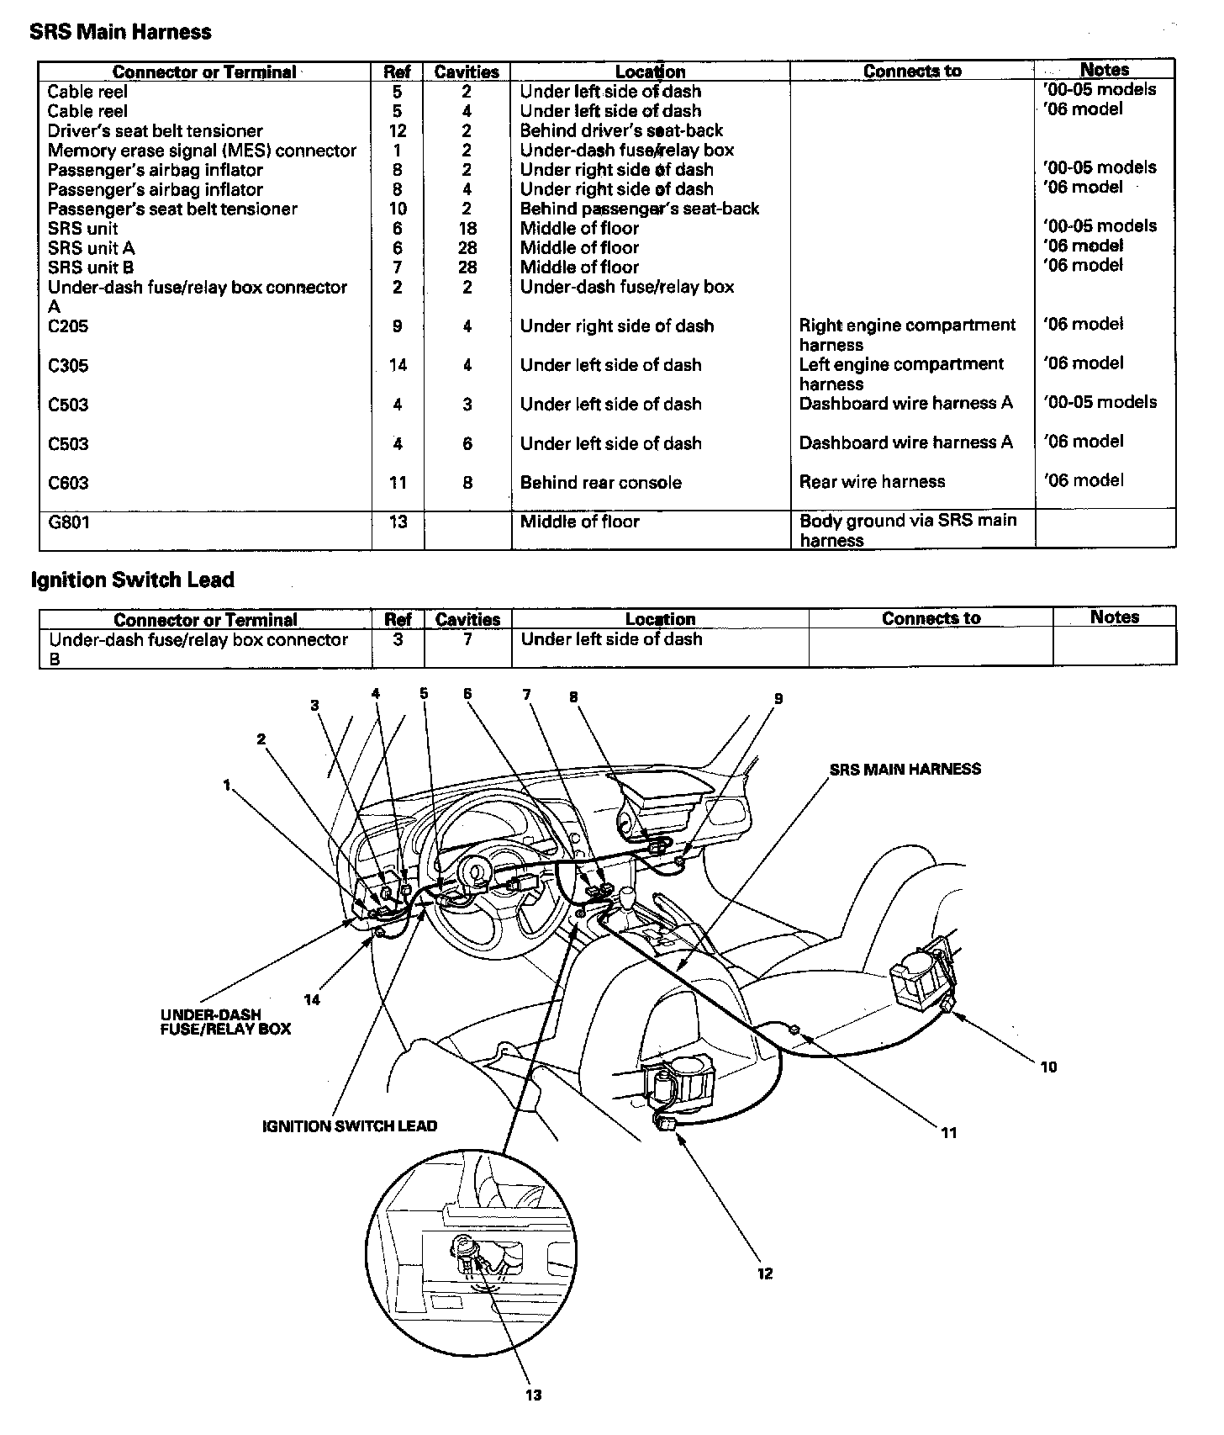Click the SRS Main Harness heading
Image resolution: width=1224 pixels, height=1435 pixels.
tap(120, 32)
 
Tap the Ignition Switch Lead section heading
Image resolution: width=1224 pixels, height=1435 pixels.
tap(132, 580)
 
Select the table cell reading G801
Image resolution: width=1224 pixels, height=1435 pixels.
tap(69, 522)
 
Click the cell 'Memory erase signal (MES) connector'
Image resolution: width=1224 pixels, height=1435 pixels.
tap(202, 151)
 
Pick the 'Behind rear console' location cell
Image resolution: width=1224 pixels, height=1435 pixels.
tap(600, 483)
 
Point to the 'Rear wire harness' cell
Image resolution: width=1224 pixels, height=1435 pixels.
tap(872, 482)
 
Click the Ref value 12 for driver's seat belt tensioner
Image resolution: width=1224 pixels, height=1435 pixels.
tap(398, 131)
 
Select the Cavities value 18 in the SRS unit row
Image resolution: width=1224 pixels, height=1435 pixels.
tap(467, 229)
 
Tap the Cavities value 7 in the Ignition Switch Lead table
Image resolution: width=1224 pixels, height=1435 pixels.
tap(467, 640)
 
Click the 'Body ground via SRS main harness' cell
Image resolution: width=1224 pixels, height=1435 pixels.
tap(908, 531)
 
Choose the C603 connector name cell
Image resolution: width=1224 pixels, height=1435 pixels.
tap(69, 483)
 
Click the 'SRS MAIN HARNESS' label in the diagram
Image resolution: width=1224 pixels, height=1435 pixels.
tap(905, 769)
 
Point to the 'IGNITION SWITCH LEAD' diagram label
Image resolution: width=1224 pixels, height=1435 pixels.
tap(350, 1125)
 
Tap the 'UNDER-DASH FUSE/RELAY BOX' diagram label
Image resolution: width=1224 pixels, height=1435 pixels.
tap(225, 1021)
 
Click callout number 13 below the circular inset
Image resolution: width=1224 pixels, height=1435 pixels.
tap(533, 1395)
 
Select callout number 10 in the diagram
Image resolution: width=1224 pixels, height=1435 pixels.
tap(1048, 1067)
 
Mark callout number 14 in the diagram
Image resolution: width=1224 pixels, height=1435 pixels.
tap(312, 999)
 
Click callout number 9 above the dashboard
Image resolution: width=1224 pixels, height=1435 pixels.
tap(778, 698)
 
